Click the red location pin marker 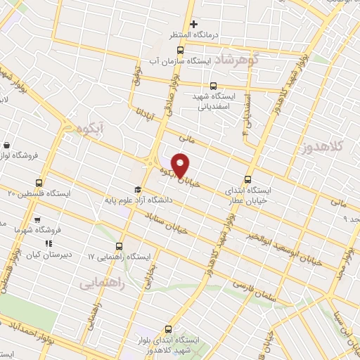(181, 165)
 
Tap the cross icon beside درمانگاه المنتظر (204, 24)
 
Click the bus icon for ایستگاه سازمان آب (180, 50)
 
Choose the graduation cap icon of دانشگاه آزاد (139, 190)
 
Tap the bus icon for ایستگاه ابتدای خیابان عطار (247, 179)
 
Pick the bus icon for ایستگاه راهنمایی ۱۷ (118, 247)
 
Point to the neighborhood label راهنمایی (102, 283)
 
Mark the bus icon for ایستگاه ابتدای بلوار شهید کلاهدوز (169, 328)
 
